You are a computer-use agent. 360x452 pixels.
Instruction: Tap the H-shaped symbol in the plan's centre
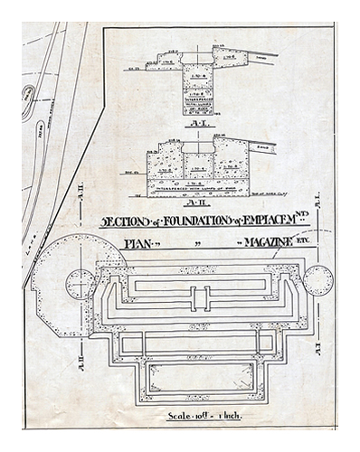(x=200, y=297)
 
